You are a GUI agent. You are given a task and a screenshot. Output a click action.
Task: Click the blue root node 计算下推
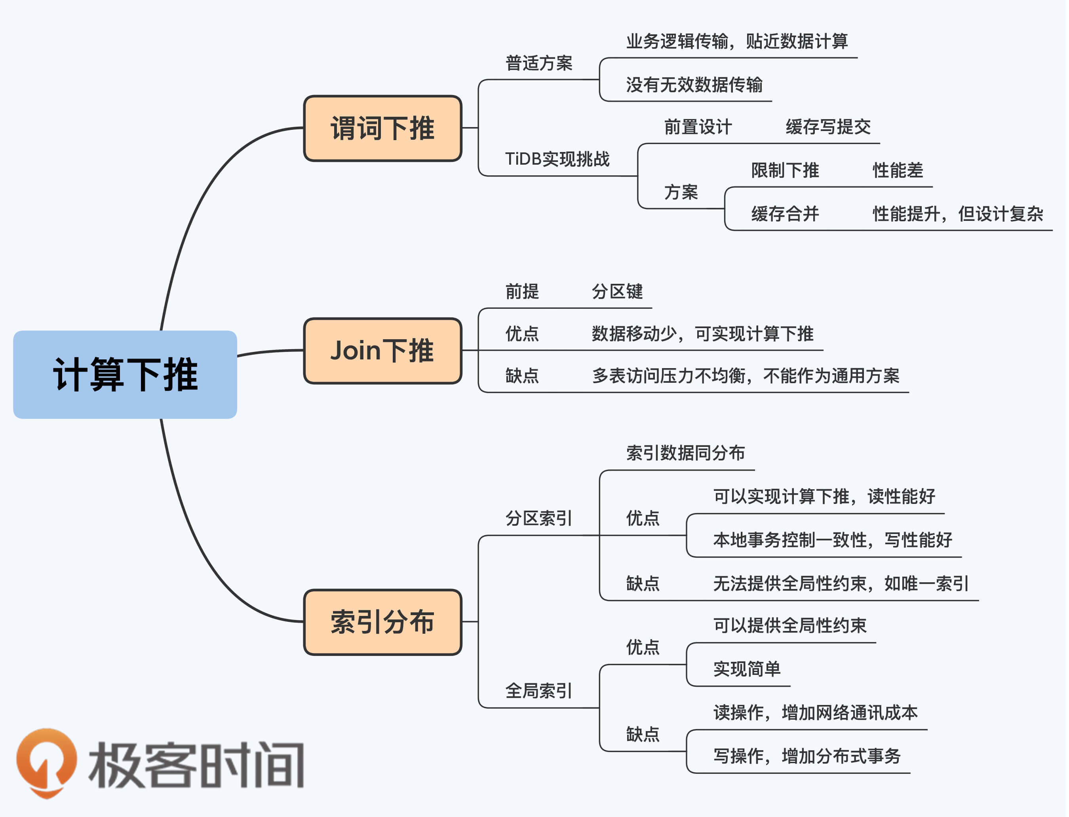click(125, 375)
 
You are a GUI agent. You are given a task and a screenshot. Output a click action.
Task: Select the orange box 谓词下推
click(383, 128)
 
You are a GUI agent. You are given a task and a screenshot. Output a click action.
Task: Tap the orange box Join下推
click(383, 351)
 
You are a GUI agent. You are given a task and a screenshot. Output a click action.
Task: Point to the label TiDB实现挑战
click(557, 159)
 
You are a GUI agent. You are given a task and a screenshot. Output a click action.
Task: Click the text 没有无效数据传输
click(694, 85)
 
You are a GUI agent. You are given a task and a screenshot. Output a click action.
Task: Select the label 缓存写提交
click(828, 127)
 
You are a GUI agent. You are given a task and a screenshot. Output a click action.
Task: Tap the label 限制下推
click(785, 171)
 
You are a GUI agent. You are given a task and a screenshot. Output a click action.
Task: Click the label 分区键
click(617, 292)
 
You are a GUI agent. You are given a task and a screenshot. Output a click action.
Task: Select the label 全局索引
click(539, 691)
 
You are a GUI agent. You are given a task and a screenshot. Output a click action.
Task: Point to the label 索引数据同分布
click(685, 453)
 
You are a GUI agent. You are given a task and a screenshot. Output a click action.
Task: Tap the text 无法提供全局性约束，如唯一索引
click(841, 583)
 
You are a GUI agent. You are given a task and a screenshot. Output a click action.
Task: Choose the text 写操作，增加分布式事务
click(807, 756)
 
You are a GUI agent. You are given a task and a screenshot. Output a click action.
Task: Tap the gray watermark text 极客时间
click(196, 765)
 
